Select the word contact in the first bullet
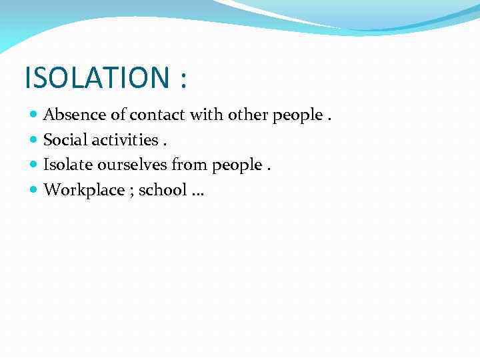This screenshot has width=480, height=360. [x=157, y=115]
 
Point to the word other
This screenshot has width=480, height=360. [x=247, y=115]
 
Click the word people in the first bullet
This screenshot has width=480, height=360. [x=297, y=116]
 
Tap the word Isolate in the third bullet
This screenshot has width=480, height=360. [x=66, y=165]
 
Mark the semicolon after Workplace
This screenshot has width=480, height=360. [x=130, y=192]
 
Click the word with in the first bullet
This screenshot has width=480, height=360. [x=206, y=115]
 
